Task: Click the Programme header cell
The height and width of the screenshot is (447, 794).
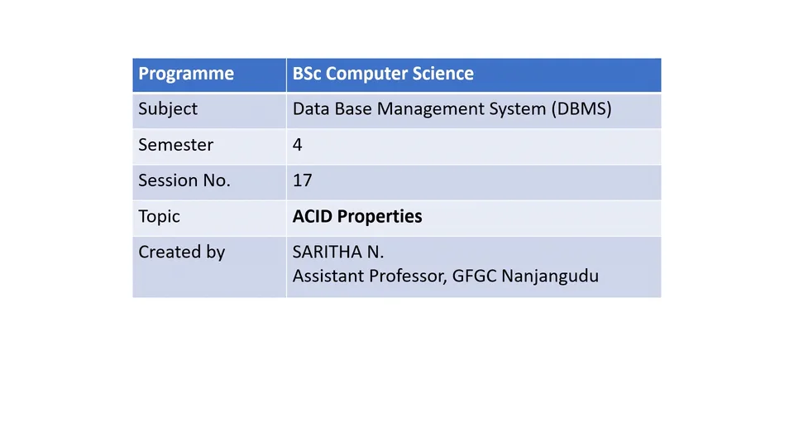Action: [x=186, y=74]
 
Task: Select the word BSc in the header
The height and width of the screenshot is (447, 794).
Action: [x=307, y=74]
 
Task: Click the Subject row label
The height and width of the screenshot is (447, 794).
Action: [x=168, y=109]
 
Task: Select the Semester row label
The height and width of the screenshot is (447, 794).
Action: [x=175, y=145]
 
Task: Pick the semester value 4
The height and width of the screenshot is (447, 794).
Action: [x=298, y=145]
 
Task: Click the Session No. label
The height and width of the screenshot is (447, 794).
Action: [x=184, y=180]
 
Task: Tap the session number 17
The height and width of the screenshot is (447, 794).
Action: [x=302, y=180]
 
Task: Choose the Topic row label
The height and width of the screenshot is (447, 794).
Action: [x=159, y=216]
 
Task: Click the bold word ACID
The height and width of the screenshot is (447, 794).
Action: [x=313, y=216]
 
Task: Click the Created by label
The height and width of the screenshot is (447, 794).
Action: [x=181, y=252]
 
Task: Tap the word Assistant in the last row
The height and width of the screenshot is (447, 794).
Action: [x=328, y=276]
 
